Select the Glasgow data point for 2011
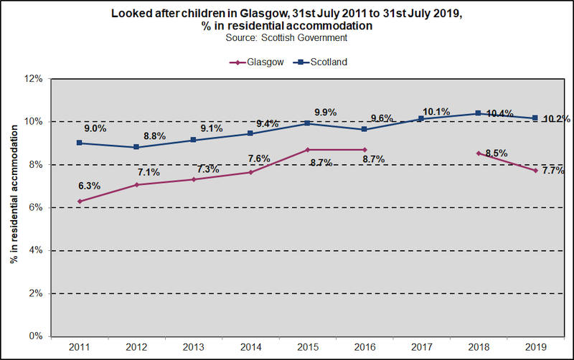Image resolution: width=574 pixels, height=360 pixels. click(x=80, y=201)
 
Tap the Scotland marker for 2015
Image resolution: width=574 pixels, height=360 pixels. click(x=307, y=123)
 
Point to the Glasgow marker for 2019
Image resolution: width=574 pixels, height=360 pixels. click(x=535, y=170)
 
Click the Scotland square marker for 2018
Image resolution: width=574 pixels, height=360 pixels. click(x=479, y=113)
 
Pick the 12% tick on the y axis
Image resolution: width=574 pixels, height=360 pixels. click(x=35, y=78)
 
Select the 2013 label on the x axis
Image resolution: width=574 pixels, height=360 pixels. click(x=193, y=348)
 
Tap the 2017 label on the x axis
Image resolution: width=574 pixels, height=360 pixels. click(x=421, y=348)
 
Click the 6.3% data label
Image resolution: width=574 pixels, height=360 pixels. click(x=89, y=186)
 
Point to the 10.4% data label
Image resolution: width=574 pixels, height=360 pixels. click(x=499, y=113)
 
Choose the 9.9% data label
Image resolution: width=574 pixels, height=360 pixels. click(x=326, y=112)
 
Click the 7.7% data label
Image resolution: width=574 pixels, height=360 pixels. click(x=553, y=171)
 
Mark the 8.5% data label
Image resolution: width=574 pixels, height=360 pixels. click(x=497, y=153)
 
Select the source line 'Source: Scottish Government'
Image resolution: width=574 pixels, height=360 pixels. click(x=286, y=37)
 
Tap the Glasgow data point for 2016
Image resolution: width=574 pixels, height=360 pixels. click(x=364, y=149)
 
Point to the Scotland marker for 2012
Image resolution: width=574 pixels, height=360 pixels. click(x=136, y=147)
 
